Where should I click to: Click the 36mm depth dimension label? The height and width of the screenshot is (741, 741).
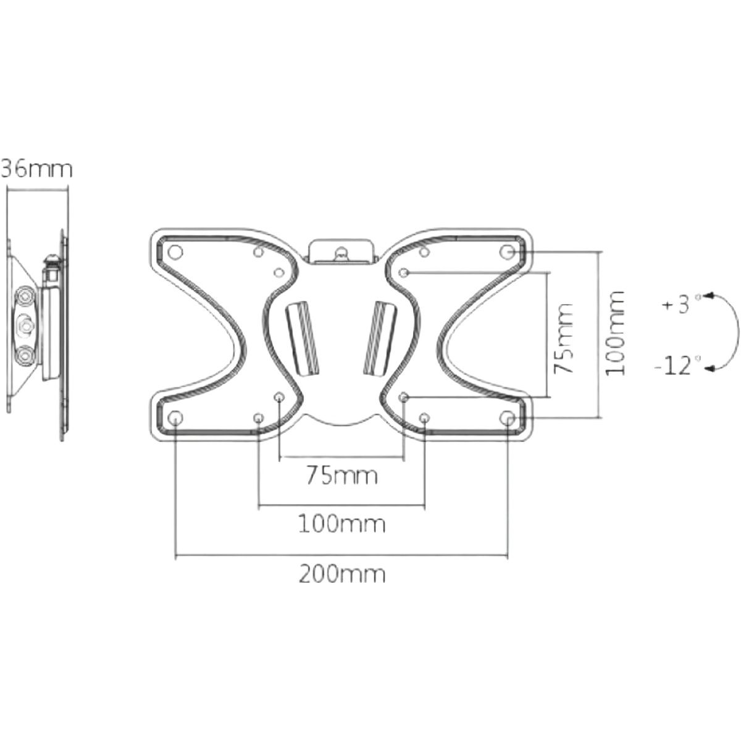[x=36, y=169]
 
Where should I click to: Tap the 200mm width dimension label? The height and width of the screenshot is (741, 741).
[x=342, y=574]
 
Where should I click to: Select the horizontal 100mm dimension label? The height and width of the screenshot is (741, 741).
[x=342, y=524]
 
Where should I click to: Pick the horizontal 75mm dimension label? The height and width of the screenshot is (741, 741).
[x=342, y=476]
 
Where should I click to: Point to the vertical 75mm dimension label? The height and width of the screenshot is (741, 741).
[x=564, y=338]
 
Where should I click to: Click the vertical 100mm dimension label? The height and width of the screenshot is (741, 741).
[x=615, y=333]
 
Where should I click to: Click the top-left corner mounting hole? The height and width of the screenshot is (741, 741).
[x=175, y=253]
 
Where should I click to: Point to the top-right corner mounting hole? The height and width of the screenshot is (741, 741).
[x=507, y=253]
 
